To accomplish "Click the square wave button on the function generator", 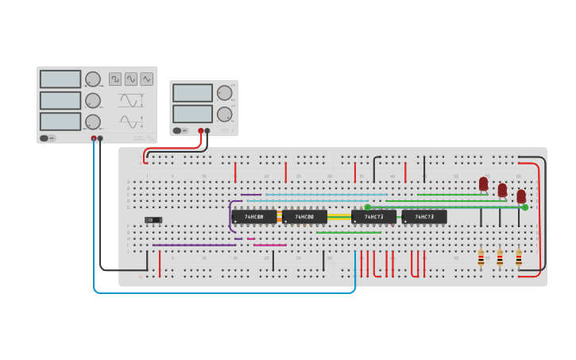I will point(115,79).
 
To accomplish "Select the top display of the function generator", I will point(60,79).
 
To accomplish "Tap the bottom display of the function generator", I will point(60,122).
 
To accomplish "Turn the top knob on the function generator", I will point(93,79).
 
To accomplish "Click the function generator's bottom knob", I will point(93,122).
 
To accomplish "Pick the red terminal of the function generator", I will point(94,138).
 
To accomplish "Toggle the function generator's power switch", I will point(48,138).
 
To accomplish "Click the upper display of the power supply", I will point(192,93).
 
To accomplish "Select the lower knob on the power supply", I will point(225,114).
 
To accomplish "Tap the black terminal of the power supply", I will point(207,130).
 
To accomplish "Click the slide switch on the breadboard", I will point(153,219).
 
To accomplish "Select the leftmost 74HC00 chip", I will point(254,216).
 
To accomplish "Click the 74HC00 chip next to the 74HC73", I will point(305,216).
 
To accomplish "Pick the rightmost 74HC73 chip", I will point(424,216).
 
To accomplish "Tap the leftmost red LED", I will point(483,184).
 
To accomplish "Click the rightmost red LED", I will point(521,195).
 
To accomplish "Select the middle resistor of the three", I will point(500,257).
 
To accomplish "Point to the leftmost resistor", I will point(481,257).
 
